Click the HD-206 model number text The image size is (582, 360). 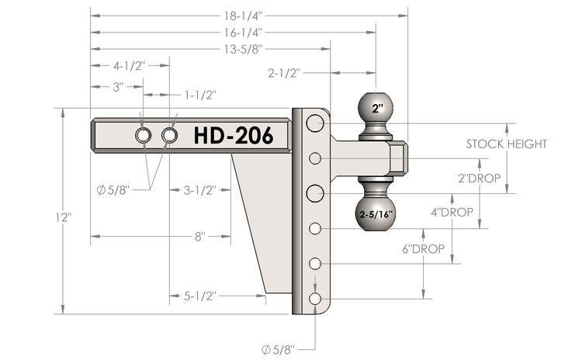(x=233, y=136)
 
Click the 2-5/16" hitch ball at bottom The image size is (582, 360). (x=376, y=214)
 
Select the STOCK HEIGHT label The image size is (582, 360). (x=507, y=144)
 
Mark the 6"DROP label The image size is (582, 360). (x=423, y=249)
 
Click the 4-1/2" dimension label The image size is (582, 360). (x=129, y=66)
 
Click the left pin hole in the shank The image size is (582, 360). (x=144, y=136)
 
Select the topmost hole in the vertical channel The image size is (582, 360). (x=314, y=123)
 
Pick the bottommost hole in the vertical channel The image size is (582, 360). (x=315, y=299)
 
